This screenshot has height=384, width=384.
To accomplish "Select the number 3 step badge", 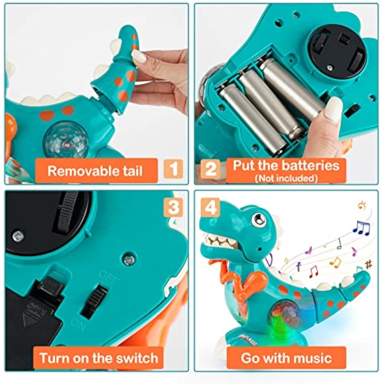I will pos(173,207).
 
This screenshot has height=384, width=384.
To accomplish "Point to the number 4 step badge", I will pos(210,207).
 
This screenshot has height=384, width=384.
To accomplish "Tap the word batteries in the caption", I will pos(310,165).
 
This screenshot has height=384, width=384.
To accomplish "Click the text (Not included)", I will pos(286,178).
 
